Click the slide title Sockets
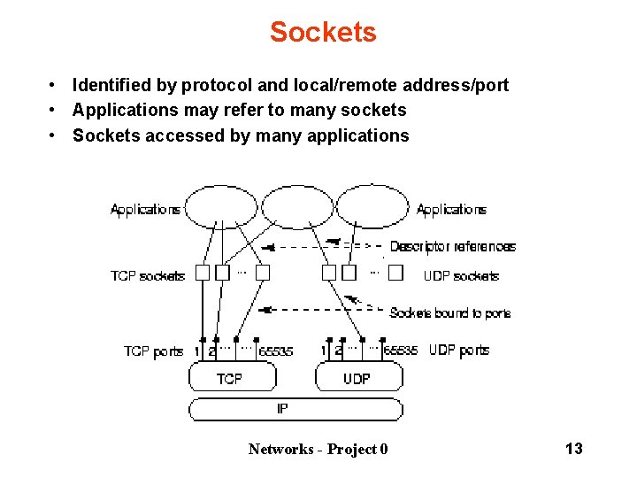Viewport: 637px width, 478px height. (323, 33)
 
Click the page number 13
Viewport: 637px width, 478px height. (573, 449)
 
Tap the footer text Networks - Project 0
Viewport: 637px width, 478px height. (318, 449)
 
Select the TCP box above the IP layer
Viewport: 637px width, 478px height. (230, 379)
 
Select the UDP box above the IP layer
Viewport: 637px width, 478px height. (357, 379)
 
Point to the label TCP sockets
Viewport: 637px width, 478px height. (147, 276)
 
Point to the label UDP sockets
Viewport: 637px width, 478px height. (461, 276)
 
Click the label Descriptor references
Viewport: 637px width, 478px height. (452, 247)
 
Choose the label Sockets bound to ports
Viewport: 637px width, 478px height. (449, 313)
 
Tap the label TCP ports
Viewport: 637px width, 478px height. (153, 351)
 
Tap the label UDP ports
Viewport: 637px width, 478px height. (459, 351)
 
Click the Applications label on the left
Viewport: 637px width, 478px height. (145, 210)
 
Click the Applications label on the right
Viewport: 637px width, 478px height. (451, 210)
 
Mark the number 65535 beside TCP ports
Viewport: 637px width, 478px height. (276, 351)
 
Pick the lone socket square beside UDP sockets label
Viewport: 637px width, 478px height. (395, 273)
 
